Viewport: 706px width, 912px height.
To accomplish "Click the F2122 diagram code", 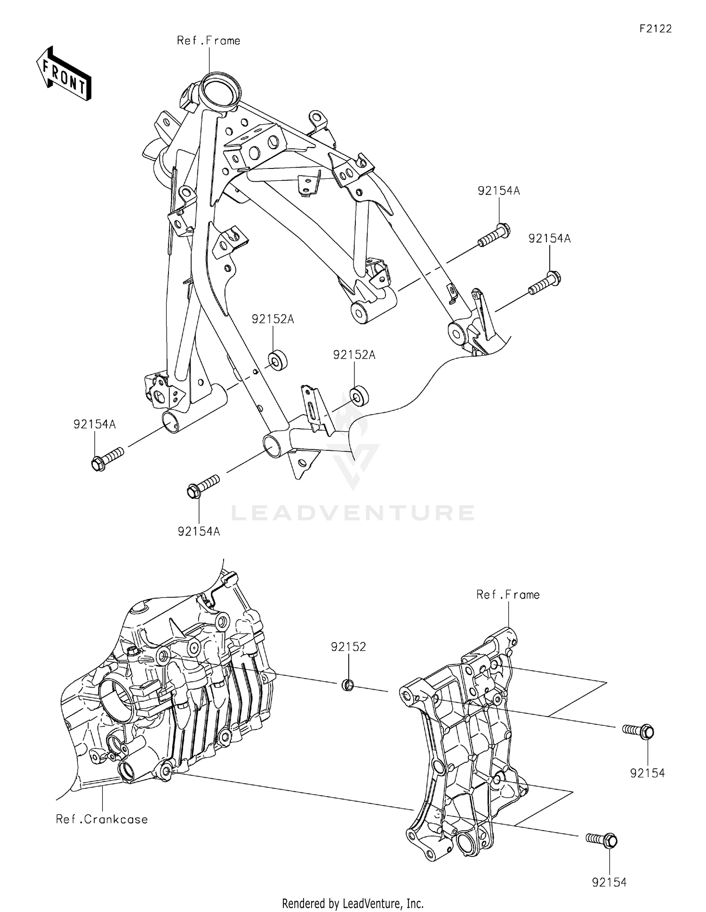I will (655, 29).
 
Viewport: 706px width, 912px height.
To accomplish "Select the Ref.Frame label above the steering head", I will (209, 41).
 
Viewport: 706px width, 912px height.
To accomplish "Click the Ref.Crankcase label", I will (102, 819).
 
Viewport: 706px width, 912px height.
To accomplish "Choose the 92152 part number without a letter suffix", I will (348, 647).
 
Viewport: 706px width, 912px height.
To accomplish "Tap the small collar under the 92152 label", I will (348, 685).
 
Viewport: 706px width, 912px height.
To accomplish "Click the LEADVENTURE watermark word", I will (353, 512).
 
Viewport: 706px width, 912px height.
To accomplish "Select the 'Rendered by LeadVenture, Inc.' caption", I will (353, 904).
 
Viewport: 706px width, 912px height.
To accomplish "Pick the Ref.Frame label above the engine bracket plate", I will (508, 595).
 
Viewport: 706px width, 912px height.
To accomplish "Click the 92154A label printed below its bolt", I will (199, 531).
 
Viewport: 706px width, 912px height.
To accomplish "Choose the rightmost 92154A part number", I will (549, 239).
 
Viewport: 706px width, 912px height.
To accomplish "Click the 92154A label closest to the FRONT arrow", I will (94, 424).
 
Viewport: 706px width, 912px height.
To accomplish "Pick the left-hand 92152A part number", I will (273, 319).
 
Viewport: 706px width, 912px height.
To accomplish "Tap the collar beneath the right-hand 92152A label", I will (360, 396).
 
